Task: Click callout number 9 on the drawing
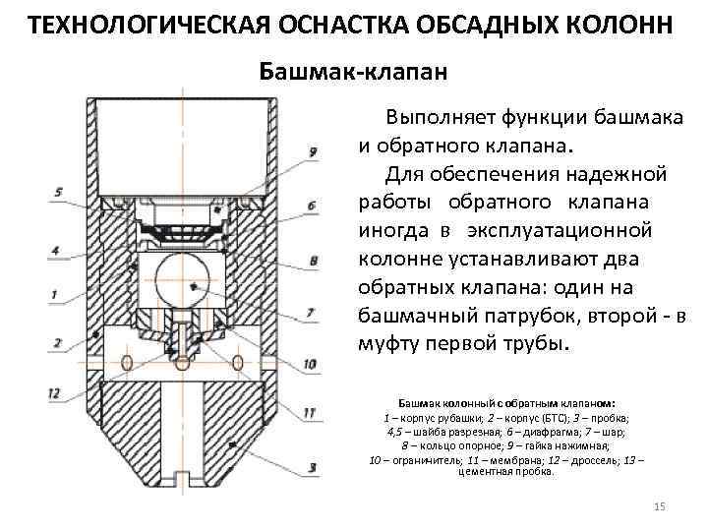click(x=312, y=151)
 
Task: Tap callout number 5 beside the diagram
click(x=59, y=192)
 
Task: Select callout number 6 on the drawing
click(x=312, y=206)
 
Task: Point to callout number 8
click(x=313, y=261)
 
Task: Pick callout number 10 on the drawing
click(x=310, y=365)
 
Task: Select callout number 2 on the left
click(x=57, y=343)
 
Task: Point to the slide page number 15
click(x=659, y=505)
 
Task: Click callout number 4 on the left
click(x=56, y=252)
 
